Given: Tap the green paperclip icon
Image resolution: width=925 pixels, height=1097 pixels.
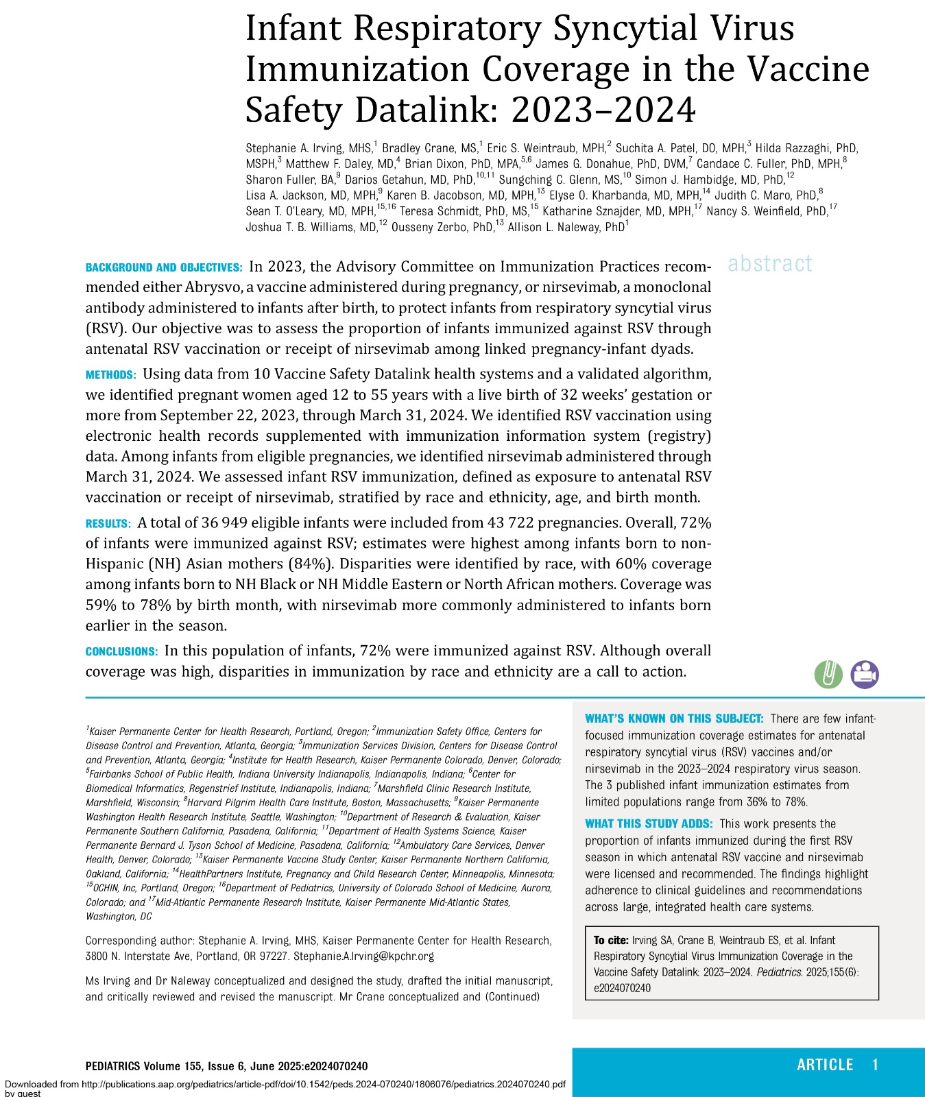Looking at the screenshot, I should pos(828,674).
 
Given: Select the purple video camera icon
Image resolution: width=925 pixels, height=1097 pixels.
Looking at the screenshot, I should pos(865,674).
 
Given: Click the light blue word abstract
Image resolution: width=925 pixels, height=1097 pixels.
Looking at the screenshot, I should pos(770,263).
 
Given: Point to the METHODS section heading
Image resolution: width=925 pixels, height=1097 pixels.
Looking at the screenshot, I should pos(110,375).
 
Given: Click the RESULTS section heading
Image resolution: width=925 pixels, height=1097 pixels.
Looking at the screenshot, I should pos(108,524).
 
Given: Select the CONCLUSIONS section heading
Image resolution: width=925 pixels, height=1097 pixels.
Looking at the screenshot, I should pos(121,651).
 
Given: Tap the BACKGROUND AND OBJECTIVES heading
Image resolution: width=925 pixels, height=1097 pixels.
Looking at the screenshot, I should pos(164,267).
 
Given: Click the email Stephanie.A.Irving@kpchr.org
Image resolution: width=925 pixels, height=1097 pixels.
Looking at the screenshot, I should pos(363,956).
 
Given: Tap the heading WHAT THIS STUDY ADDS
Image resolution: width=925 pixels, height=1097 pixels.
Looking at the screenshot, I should pos(649,823).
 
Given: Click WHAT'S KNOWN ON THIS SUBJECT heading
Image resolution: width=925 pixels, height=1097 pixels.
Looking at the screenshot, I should pos(673,719).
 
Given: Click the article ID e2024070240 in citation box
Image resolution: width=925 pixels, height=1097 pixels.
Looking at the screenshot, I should pos(622,988).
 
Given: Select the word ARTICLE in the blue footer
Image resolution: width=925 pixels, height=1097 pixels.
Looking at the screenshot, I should pos(825,1065).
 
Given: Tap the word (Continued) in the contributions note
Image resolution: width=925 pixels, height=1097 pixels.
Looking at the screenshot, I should pos(512,997).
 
